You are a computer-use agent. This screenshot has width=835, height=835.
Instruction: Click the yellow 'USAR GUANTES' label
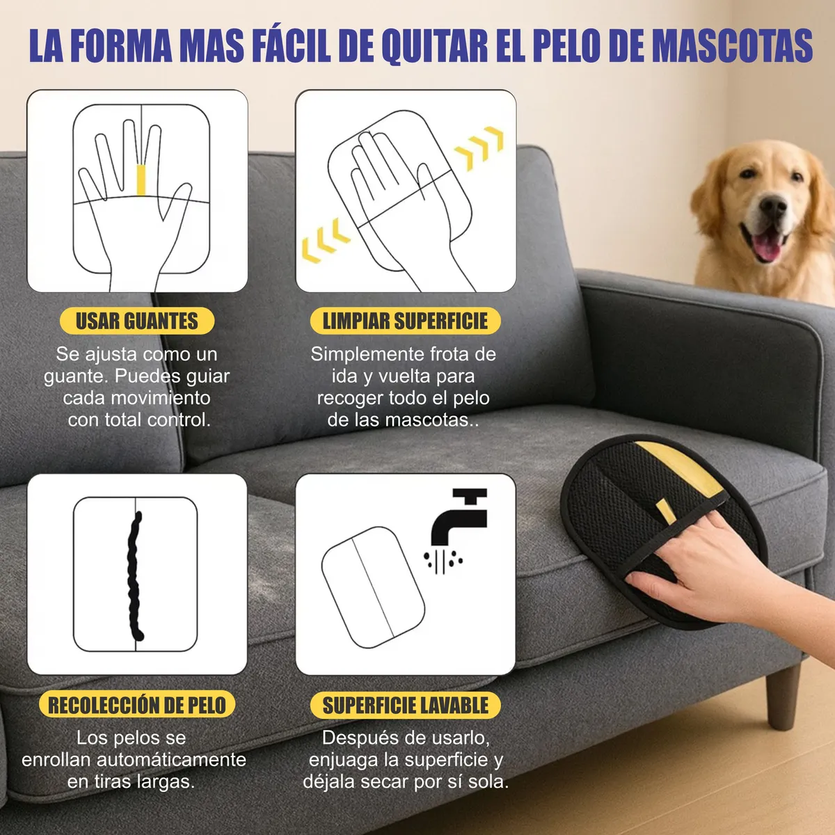point(136,321)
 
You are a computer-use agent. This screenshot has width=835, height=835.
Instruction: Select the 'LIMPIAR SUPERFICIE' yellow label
point(405,321)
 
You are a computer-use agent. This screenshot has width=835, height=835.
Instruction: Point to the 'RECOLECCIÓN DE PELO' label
point(137,705)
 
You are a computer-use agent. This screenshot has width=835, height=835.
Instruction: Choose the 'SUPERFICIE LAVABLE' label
point(406,705)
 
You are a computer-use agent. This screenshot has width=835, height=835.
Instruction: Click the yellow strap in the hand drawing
point(141,180)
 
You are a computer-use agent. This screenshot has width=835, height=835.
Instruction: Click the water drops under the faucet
point(443,560)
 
